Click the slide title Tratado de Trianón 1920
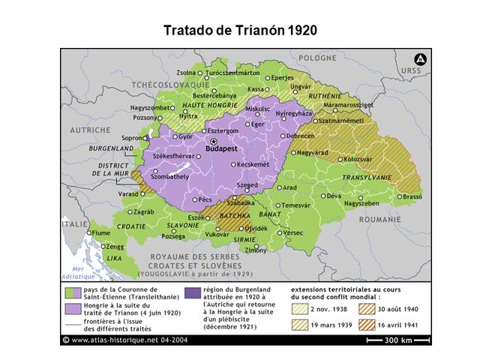coord(239,31)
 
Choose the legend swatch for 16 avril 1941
coord(369,325)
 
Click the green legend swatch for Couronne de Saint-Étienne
coord(73,292)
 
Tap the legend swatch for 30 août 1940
coord(369,309)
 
